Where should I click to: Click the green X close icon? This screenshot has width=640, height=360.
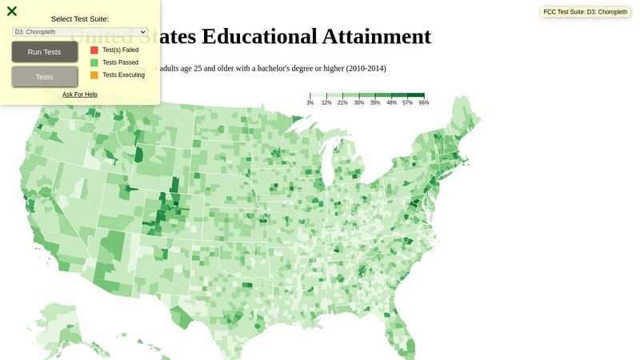[x=12, y=11]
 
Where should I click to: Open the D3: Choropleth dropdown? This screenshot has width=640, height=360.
[x=80, y=32]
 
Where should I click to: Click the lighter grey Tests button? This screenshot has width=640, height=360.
[x=45, y=77]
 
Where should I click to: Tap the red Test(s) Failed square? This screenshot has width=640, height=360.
[x=94, y=50]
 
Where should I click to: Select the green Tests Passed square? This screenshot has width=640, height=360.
[x=94, y=62]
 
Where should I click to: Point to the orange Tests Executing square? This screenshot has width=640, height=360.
[x=94, y=75]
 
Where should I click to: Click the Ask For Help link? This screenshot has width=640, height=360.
[x=80, y=94]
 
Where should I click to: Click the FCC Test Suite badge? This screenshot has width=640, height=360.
[x=586, y=12]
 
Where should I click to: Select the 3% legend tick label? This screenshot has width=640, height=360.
[x=310, y=103]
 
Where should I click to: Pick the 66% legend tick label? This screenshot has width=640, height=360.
[x=424, y=103]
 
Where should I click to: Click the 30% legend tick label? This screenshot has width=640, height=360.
[x=359, y=103]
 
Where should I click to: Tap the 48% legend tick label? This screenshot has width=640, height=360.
[x=391, y=103]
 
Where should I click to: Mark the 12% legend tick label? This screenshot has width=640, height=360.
[x=326, y=103]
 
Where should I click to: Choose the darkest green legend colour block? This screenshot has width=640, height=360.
[x=416, y=95]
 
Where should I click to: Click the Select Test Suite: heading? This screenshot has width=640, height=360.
[x=80, y=18]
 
